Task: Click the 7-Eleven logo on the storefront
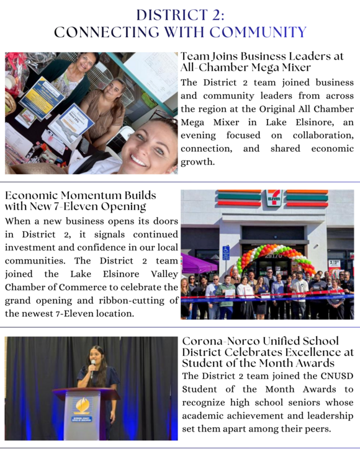[x=273, y=198]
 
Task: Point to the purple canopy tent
[x=198, y=264]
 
